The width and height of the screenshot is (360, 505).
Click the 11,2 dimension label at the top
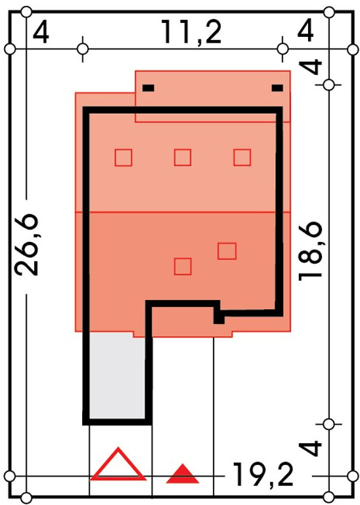(x=191, y=32)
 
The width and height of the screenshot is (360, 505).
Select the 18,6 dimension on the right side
(x=310, y=251)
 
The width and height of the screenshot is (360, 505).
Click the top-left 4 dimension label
(x=41, y=32)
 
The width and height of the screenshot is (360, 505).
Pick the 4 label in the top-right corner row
(x=305, y=31)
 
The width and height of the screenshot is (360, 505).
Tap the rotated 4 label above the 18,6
(x=310, y=67)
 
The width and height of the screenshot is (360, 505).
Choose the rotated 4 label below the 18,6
(x=310, y=448)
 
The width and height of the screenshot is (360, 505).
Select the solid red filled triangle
(x=183, y=474)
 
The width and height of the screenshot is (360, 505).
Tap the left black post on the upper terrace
(x=148, y=88)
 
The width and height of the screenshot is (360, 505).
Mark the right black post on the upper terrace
(x=277, y=88)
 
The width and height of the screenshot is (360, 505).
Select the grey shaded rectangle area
(x=117, y=375)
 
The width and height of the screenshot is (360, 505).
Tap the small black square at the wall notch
(x=219, y=319)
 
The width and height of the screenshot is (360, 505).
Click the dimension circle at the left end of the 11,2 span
(x=83, y=49)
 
